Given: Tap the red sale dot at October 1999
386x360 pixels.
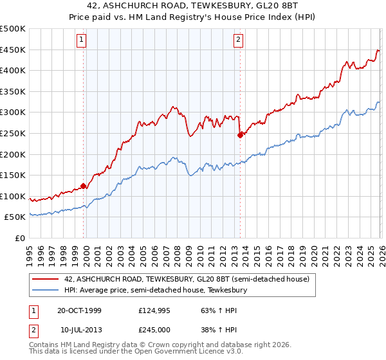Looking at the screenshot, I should [x=84, y=186].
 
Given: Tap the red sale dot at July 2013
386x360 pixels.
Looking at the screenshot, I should [x=240, y=135].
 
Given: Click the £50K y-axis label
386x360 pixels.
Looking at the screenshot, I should [x=15, y=217].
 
